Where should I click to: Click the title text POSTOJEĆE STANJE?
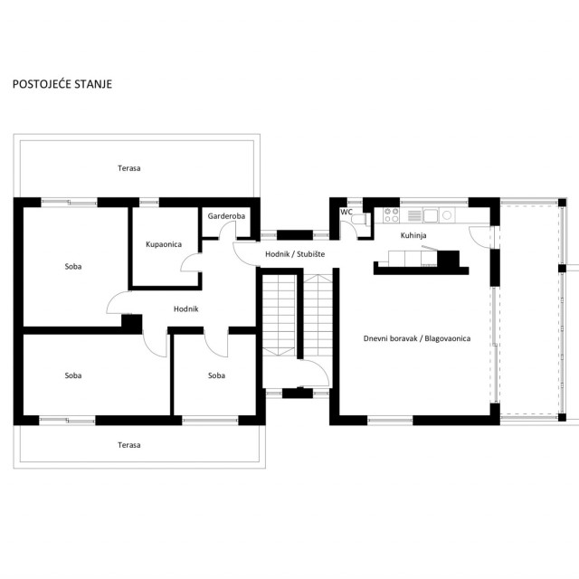tap(62, 84)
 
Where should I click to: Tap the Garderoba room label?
tap(226, 216)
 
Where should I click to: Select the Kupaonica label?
tap(164, 244)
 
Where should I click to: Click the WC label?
tap(346, 213)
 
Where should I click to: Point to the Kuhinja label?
tap(413, 235)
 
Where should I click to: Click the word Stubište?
tap(311, 254)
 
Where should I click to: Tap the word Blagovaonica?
tap(448, 338)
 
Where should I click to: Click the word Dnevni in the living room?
tap(375, 338)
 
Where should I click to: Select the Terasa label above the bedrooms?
tap(128, 168)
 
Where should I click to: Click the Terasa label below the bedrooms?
tap(128, 445)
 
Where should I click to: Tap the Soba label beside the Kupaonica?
tap(73, 267)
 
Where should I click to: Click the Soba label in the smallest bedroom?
tap(216, 375)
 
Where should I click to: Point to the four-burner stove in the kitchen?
tap(391, 215)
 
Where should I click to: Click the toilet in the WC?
tap(359, 220)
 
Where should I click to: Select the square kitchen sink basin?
tap(431, 215)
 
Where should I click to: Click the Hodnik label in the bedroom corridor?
tap(185, 309)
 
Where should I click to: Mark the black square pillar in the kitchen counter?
tap(449, 259)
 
